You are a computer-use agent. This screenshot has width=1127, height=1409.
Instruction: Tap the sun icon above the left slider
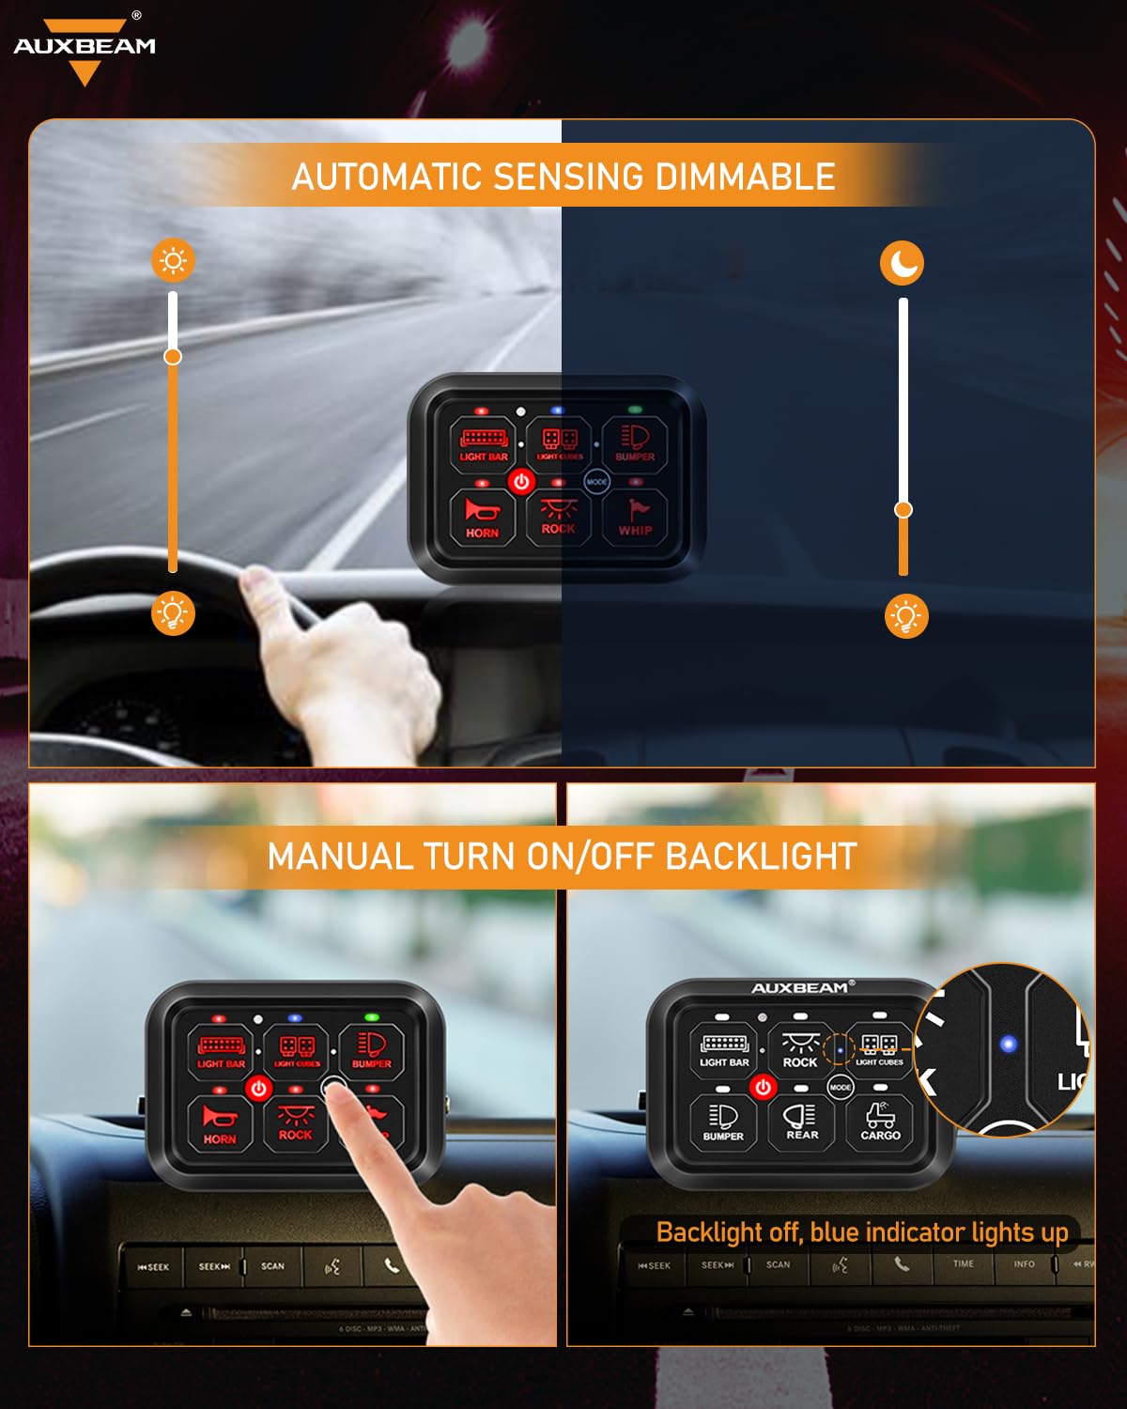click(174, 260)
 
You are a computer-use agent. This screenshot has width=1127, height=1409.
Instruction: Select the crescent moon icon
click(902, 264)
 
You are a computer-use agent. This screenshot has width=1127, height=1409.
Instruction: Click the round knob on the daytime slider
click(173, 356)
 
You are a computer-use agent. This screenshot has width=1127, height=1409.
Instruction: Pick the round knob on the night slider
click(903, 509)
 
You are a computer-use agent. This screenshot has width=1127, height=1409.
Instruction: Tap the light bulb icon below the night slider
click(906, 616)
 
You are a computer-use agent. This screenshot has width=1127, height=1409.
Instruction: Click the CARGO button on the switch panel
click(880, 1122)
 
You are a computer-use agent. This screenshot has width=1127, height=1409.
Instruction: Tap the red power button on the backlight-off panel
click(763, 1087)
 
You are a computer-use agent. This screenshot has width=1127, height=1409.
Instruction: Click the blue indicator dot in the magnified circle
click(1009, 1044)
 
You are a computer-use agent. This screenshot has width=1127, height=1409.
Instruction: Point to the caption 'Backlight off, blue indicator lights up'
click(861, 1231)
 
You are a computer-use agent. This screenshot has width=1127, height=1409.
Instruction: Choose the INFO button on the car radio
click(1024, 1264)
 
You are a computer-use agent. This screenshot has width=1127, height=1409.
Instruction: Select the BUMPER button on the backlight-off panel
click(723, 1122)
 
